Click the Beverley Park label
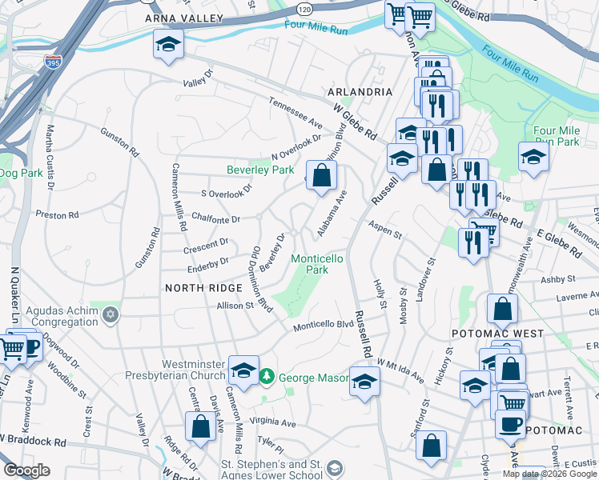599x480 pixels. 260,170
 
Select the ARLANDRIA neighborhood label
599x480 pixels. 359,92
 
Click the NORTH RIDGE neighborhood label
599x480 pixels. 203,287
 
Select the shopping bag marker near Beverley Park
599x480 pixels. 321,175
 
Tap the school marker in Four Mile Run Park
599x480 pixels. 533,157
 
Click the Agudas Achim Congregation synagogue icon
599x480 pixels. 111,314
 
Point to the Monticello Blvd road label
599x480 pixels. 323,326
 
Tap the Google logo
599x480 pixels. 26,470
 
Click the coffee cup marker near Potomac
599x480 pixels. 510,424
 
